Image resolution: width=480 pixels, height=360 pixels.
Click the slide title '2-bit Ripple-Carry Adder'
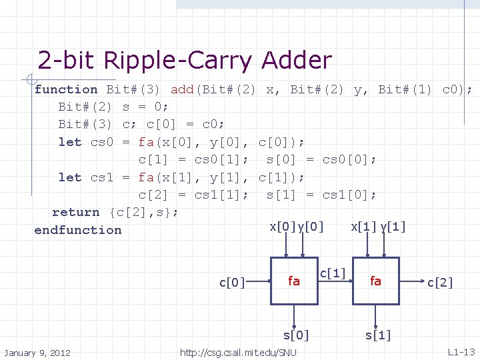[185, 61]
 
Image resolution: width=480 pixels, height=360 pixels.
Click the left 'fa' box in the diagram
[294, 281]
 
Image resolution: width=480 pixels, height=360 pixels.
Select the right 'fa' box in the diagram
[376, 281]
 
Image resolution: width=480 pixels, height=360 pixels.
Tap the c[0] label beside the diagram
[233, 283]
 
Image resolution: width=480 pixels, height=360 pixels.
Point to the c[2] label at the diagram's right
[440, 283]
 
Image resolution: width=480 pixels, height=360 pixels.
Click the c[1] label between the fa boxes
[333, 273]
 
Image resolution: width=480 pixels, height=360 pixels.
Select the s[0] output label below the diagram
[296, 335]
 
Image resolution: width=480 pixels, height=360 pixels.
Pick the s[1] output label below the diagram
[378, 335]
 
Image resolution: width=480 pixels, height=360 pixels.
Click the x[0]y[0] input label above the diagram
[297, 227]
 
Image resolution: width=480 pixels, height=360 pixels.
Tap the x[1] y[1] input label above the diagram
[378, 227]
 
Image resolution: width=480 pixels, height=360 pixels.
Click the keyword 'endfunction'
[78, 230]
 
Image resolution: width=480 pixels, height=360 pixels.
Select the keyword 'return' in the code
[75, 212]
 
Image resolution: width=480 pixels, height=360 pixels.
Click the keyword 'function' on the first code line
[66, 89]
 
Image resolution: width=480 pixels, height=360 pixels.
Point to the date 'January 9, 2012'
[38, 352]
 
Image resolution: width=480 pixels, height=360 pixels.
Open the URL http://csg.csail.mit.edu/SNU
[239, 352]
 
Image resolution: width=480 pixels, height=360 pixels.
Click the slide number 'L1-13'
[461, 351]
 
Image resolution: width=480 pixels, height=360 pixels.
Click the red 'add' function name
[182, 89]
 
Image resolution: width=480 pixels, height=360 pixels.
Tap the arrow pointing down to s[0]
[294, 315]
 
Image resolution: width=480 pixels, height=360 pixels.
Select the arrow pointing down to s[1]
[376, 315]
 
